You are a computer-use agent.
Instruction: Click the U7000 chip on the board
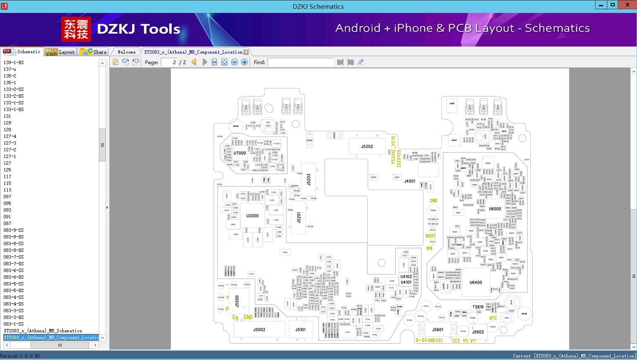click(x=240, y=153)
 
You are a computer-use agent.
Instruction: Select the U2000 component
click(x=252, y=216)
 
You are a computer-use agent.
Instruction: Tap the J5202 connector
click(x=367, y=147)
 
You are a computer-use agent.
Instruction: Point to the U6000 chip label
click(x=495, y=209)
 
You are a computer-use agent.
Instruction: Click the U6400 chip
click(x=476, y=282)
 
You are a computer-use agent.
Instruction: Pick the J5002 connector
click(x=259, y=330)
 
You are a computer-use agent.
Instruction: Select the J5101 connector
click(x=300, y=330)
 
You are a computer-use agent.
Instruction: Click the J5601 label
click(x=438, y=330)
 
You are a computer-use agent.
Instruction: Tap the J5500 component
click(x=237, y=300)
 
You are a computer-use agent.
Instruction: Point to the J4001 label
click(x=410, y=181)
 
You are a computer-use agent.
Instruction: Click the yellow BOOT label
click(x=431, y=236)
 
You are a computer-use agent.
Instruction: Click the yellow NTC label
click(x=493, y=318)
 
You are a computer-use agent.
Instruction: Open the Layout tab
click(x=60, y=52)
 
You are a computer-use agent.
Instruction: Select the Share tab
click(x=93, y=52)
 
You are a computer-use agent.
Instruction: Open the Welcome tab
click(x=126, y=52)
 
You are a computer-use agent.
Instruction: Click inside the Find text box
click(x=301, y=62)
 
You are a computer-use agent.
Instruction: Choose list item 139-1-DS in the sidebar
click(x=14, y=62)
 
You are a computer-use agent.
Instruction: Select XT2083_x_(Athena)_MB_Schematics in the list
click(x=43, y=331)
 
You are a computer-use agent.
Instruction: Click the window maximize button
click(x=613, y=5)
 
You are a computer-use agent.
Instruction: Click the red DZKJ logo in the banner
click(x=76, y=29)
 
